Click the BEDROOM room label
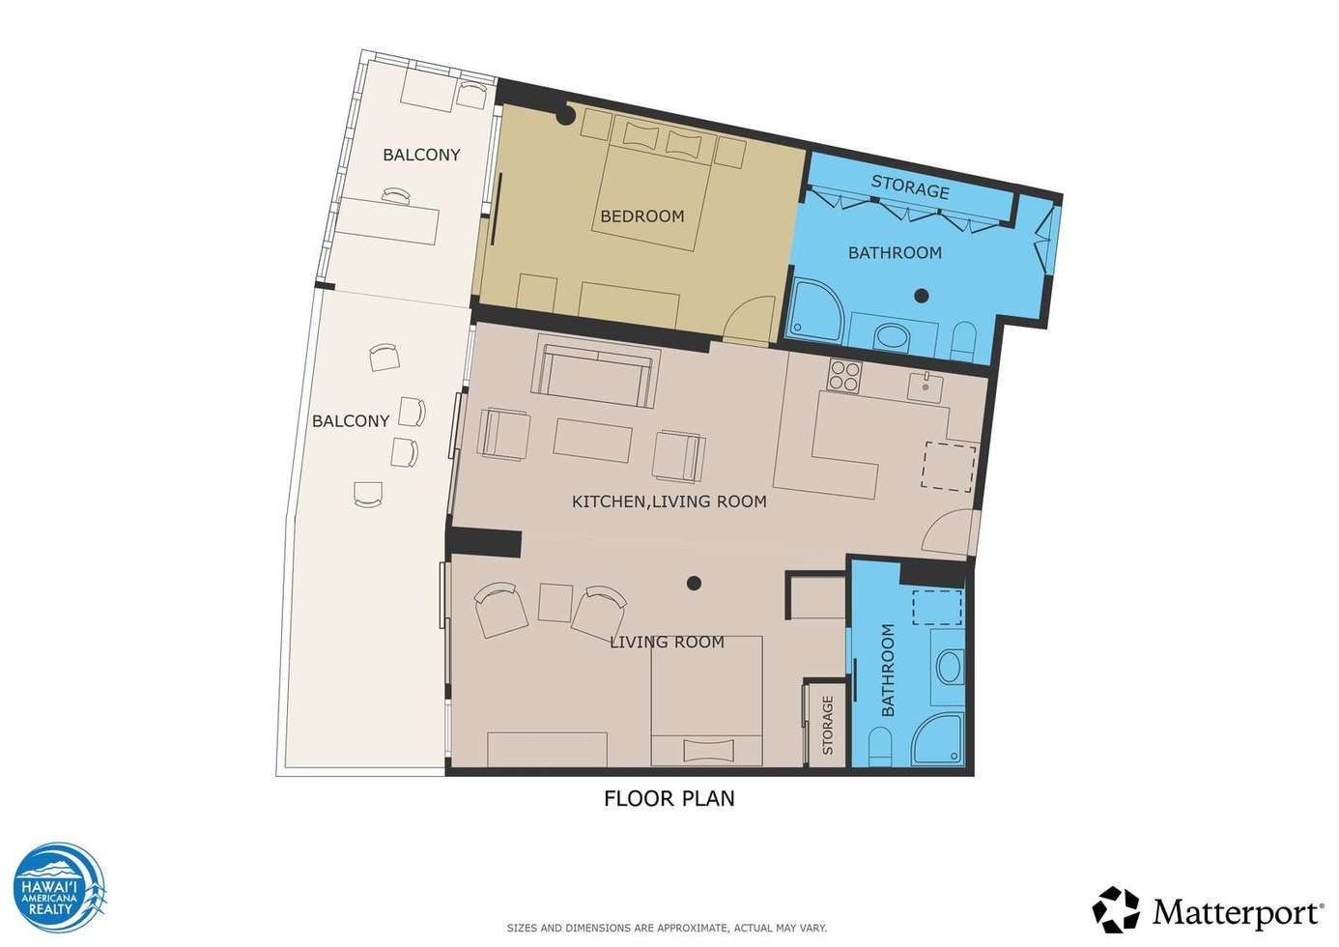click(642, 215)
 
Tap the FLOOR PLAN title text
click(669, 798)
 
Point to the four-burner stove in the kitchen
click(844, 376)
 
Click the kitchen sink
click(925, 387)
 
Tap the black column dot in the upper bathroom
click(922, 295)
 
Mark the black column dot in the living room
click(694, 583)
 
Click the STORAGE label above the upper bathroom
click(910, 187)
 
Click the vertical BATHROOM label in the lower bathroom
click(888, 671)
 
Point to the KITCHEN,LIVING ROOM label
click(669, 502)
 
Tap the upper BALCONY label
click(421, 155)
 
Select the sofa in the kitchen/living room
click(596, 371)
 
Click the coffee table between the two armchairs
click(592, 440)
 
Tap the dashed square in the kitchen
click(950, 467)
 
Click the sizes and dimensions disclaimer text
click(667, 929)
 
